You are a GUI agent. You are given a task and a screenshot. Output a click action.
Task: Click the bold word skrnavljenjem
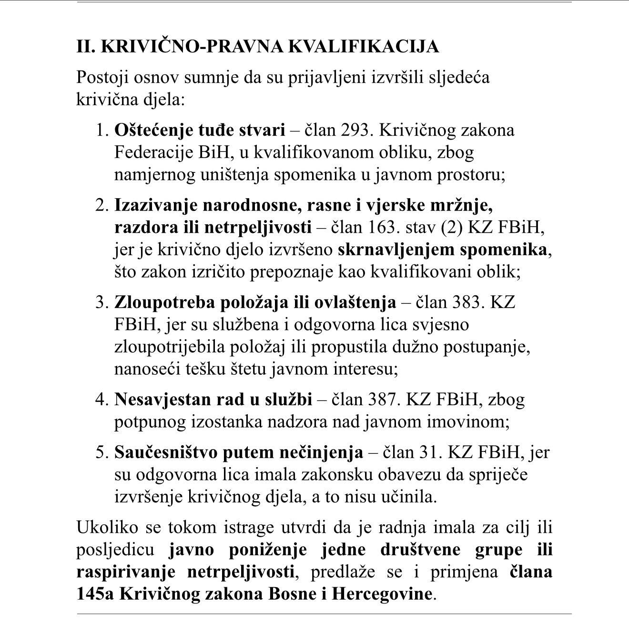click(389, 250)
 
